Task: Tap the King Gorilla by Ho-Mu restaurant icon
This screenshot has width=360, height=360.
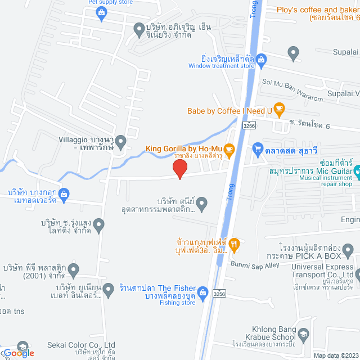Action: pos(228,149)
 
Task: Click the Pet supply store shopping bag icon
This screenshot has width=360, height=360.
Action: pos(102,15)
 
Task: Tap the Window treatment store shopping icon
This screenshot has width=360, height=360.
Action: pos(262,58)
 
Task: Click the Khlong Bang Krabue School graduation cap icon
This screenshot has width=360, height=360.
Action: pos(304,335)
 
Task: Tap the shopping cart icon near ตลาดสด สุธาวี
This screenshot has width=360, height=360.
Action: pos(258,149)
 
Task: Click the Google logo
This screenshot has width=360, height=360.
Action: pos(18,353)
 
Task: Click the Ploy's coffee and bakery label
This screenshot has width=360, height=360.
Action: pos(318,10)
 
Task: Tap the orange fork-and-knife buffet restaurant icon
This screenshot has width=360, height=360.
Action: pos(235,244)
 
